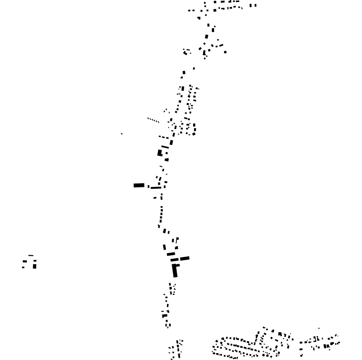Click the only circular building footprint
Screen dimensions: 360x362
[225, 52]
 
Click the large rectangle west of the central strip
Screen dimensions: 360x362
[139, 185]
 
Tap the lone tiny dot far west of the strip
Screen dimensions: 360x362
[121, 134]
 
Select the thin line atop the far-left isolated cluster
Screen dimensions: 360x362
[31, 256]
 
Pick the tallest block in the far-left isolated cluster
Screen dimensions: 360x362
[35, 266]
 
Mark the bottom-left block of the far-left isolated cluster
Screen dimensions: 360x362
[23, 267]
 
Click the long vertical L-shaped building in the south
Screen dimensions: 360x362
[175, 270]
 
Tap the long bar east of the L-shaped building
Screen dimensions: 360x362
[185, 258]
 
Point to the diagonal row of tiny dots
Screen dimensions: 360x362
[153, 120]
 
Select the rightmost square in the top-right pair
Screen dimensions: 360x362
[255, 5]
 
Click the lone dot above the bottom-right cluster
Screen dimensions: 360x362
[319, 328]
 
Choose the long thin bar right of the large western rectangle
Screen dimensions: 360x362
[156, 188]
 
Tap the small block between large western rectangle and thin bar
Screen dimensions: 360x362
[148, 187]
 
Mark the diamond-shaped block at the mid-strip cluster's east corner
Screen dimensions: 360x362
[194, 134]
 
